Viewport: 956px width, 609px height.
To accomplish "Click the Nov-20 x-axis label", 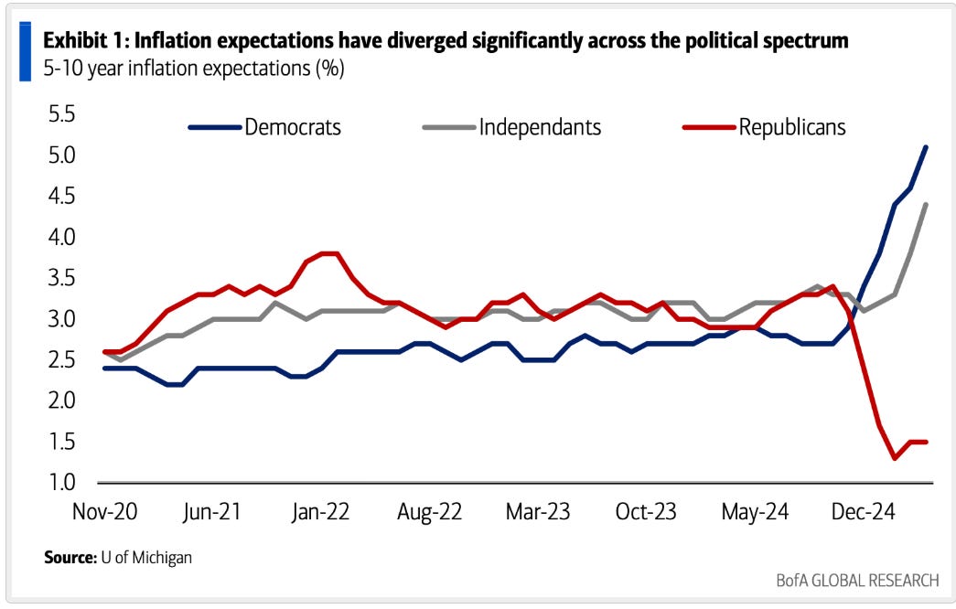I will coord(104,511).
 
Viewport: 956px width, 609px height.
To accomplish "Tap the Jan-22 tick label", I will coord(321,511).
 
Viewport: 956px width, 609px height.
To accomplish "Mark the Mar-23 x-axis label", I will coord(537,511).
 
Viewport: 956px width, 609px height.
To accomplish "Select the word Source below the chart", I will coord(69,556).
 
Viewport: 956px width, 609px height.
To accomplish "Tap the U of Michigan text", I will coord(146,556).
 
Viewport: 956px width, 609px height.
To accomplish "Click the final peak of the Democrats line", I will coord(926,147).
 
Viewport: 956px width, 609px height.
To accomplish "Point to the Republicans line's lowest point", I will coord(894,458).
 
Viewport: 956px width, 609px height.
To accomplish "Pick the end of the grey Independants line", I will coord(927,205).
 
